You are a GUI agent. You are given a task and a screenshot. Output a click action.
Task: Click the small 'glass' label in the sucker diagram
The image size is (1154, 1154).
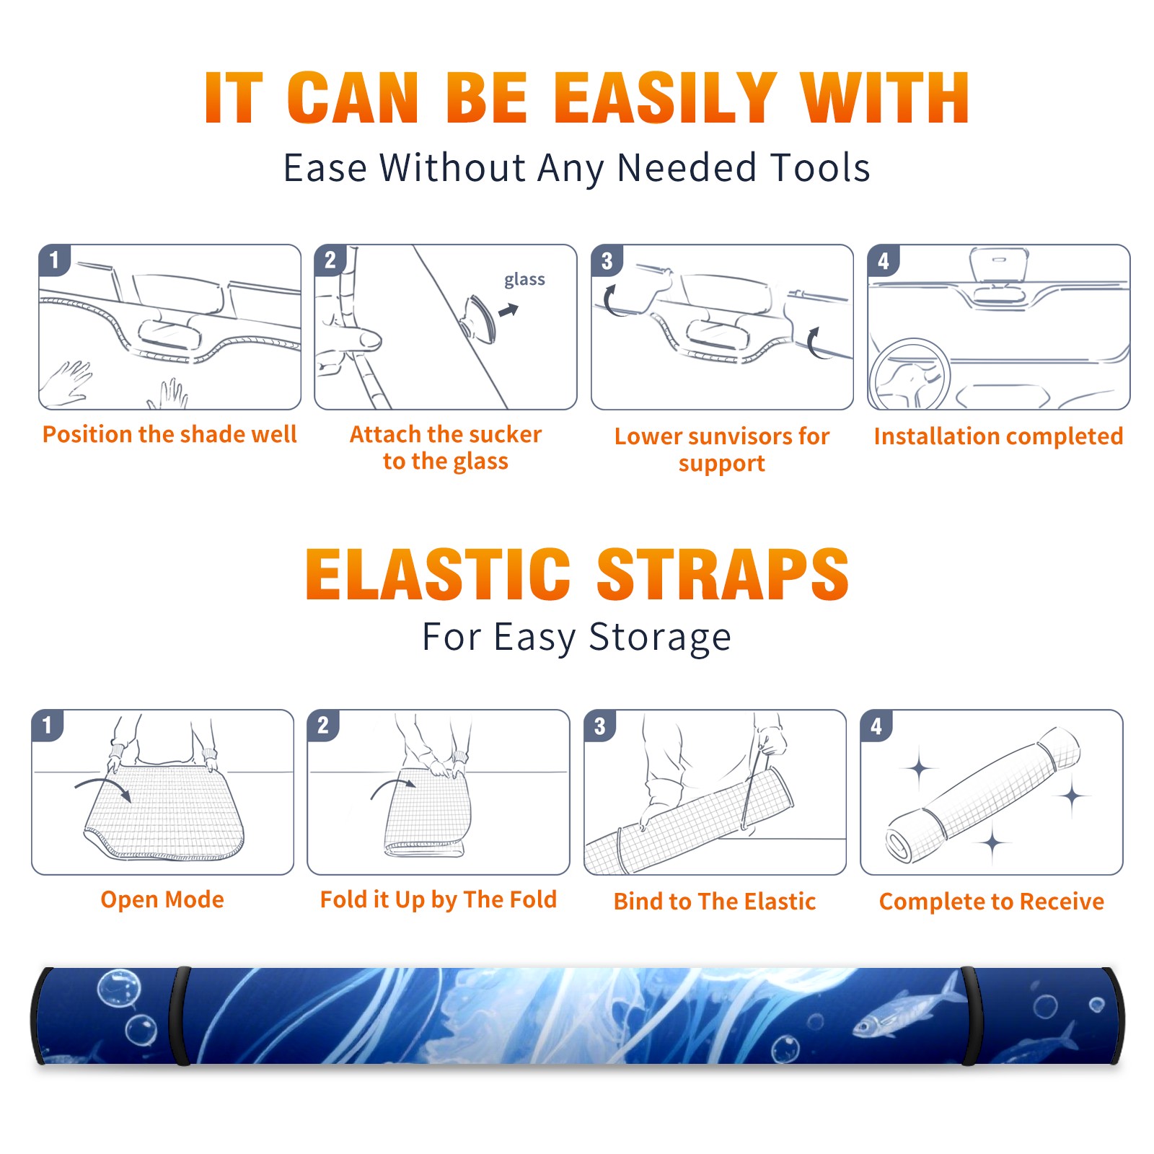tap(524, 280)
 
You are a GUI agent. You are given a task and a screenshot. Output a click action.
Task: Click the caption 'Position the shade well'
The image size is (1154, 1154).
tap(169, 434)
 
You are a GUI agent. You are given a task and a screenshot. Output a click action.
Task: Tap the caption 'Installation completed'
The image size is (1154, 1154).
tap(998, 436)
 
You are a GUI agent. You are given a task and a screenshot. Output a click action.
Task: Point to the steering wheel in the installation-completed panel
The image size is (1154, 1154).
tap(909, 375)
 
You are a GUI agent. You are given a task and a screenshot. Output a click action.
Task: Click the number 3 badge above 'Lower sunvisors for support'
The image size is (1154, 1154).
tap(607, 260)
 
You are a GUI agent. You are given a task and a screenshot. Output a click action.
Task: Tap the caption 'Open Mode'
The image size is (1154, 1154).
tap(162, 899)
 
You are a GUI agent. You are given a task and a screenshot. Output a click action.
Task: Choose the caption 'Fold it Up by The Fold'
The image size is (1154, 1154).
tap(439, 900)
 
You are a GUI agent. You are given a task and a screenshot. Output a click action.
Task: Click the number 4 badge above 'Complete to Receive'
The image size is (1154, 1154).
tap(876, 726)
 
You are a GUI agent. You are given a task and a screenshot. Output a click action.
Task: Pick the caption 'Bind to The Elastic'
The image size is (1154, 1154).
tap(715, 902)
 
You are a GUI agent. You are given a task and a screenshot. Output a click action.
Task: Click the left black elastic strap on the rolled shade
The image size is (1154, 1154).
tap(180, 1016)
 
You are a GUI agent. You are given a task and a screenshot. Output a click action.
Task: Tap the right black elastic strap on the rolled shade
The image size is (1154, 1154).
tap(971, 1016)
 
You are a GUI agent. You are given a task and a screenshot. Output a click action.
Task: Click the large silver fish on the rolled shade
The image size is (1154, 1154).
tap(905, 1010)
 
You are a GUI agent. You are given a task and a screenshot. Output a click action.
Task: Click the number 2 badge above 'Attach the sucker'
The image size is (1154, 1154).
tap(330, 260)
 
